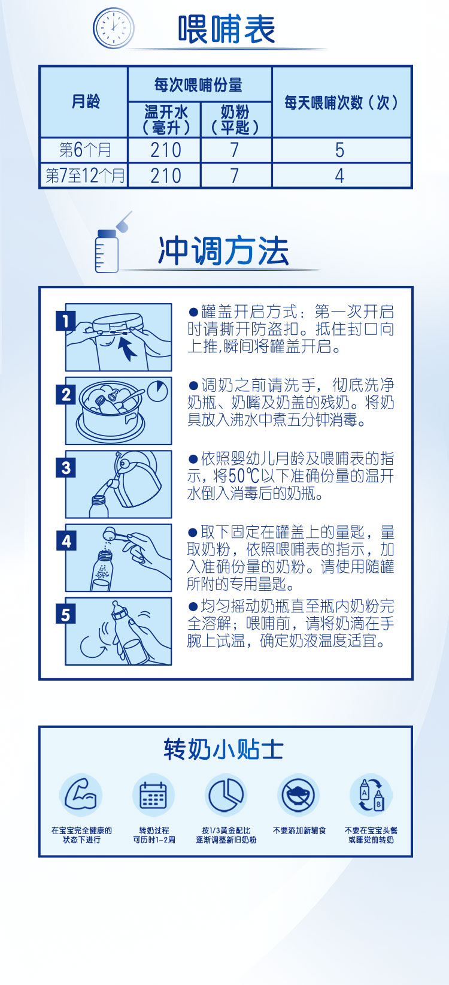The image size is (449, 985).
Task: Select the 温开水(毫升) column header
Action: click(165, 120)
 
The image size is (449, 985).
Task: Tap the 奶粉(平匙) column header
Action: click(235, 120)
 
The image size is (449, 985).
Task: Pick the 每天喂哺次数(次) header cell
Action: click(341, 102)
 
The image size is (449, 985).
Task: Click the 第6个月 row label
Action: click(84, 150)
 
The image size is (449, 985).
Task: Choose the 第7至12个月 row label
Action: click(84, 176)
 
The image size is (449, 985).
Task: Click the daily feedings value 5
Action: click(340, 150)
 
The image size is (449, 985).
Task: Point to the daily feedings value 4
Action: click(340, 176)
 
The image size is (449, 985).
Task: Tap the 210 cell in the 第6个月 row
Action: click(165, 150)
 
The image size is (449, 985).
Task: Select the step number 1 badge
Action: click(66, 321)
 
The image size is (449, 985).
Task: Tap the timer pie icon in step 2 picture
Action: click(158, 391)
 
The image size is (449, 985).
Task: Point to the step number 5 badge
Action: click(66, 615)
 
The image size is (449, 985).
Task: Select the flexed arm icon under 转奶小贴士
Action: click(81, 795)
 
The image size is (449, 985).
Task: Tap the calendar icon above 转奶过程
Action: click(153, 795)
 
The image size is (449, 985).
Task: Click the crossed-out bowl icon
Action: click(299, 795)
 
